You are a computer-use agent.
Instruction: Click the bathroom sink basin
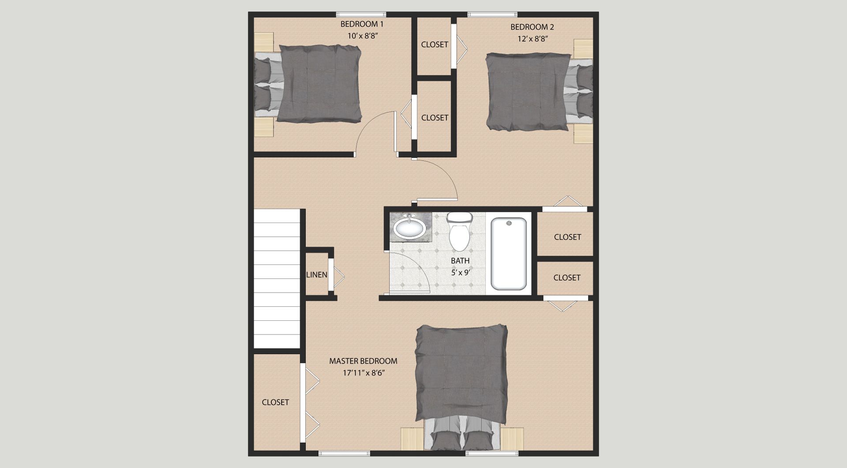click(410, 228)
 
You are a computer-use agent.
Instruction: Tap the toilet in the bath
click(460, 231)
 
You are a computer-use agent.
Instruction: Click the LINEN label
click(317, 275)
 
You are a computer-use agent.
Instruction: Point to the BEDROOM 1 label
click(362, 24)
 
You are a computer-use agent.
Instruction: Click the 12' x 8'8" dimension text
click(532, 39)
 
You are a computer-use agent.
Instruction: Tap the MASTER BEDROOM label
click(363, 361)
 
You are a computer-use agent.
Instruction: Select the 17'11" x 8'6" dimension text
click(364, 373)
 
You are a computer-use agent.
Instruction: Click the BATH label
click(460, 261)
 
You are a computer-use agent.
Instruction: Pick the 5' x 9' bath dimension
click(461, 273)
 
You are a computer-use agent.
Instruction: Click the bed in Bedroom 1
click(308, 84)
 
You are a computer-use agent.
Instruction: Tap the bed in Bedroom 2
click(539, 92)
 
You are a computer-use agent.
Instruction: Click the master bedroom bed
click(461, 388)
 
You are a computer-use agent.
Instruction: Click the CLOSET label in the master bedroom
click(275, 402)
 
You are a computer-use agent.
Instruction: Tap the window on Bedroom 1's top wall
click(361, 15)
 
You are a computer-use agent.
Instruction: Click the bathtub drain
click(509, 223)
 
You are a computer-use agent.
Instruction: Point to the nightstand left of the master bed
click(412, 439)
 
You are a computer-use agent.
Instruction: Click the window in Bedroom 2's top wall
click(492, 15)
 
